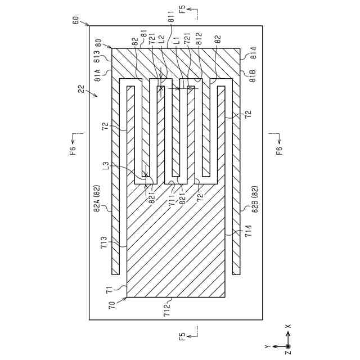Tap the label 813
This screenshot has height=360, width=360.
tap(97, 58)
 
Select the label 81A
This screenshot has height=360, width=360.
tap(97, 76)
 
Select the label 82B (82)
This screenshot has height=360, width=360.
tap(254, 199)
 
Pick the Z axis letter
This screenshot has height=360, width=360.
tap(287, 353)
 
